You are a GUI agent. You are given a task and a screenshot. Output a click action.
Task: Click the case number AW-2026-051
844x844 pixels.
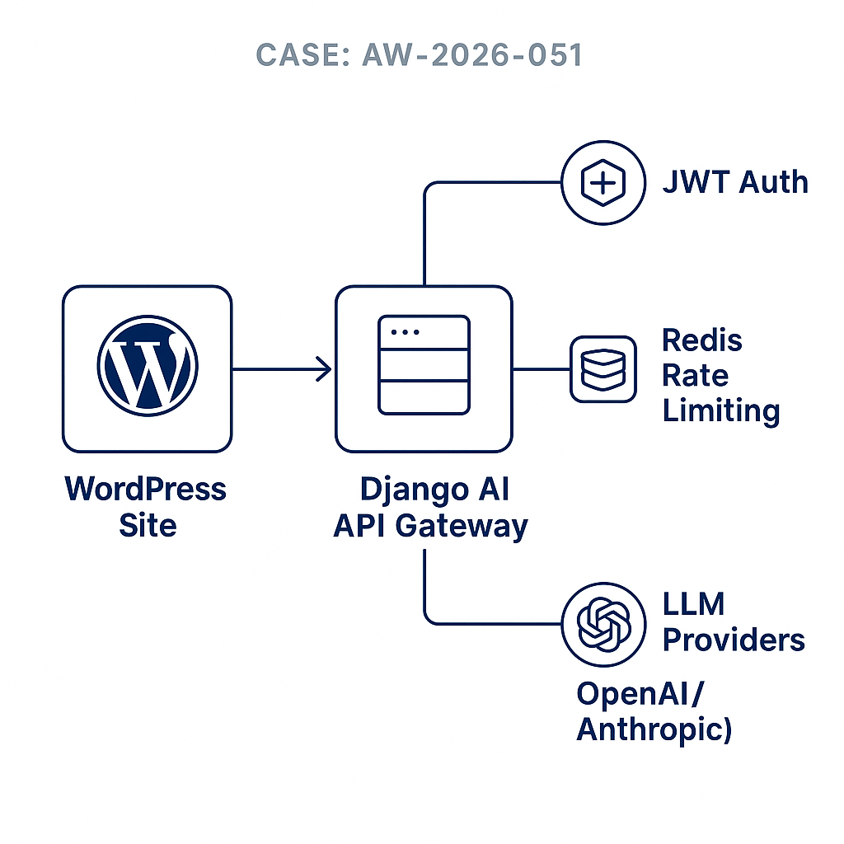(x=472, y=54)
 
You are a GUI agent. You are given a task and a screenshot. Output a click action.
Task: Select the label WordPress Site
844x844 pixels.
(x=146, y=506)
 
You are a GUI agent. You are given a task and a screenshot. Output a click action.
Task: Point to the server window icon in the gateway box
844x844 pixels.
(x=424, y=366)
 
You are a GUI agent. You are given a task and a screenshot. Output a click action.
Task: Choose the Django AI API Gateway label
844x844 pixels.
(x=430, y=506)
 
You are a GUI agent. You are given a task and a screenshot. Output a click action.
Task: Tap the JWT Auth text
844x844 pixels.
(x=735, y=182)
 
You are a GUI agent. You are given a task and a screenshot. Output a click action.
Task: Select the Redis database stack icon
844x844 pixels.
(x=603, y=369)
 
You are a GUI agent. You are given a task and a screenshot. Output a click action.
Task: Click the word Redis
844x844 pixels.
(x=702, y=340)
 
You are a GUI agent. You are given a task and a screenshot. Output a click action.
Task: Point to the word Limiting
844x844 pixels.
(x=721, y=410)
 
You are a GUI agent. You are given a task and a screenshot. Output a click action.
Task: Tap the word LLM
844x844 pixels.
(x=694, y=604)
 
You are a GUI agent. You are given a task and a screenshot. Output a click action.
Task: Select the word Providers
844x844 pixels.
(x=734, y=640)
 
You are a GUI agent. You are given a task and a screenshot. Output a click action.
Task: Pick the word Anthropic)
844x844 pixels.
(x=654, y=729)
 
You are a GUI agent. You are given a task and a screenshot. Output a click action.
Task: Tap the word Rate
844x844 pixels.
(x=696, y=375)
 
